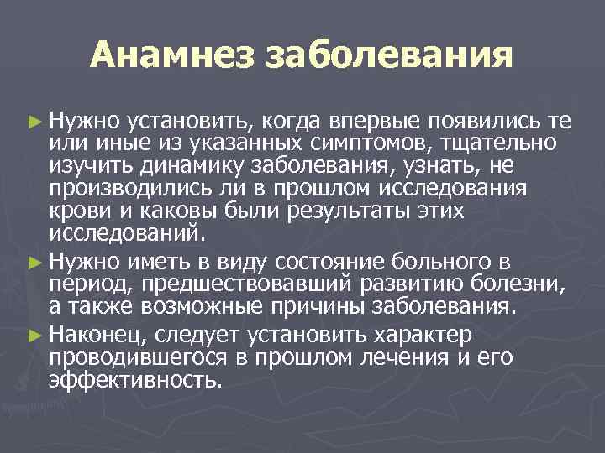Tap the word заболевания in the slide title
tap(389, 56)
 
